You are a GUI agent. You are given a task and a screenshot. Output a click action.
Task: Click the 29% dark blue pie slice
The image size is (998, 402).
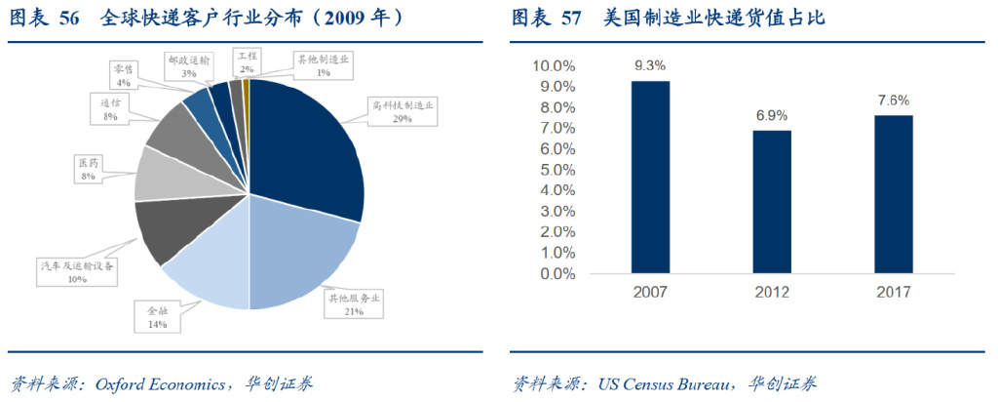[307, 146]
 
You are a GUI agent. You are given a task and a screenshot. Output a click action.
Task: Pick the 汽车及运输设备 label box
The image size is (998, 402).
[77, 271]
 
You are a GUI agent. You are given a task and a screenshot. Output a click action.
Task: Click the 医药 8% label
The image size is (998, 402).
[88, 169]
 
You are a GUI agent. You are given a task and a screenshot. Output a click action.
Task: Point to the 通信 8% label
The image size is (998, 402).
[110, 109]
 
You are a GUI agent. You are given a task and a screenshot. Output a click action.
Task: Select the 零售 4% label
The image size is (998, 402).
[123, 76]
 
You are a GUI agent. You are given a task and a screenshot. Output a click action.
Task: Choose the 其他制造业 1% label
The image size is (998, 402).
[324, 65]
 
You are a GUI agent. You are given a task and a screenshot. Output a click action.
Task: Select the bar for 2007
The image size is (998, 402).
[650, 179]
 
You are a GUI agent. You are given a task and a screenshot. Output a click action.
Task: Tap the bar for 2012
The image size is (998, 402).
[772, 203]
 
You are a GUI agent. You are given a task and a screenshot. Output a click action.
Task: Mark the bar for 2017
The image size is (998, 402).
[893, 195]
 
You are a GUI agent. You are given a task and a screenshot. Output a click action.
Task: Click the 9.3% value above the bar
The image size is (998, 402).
[650, 67]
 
